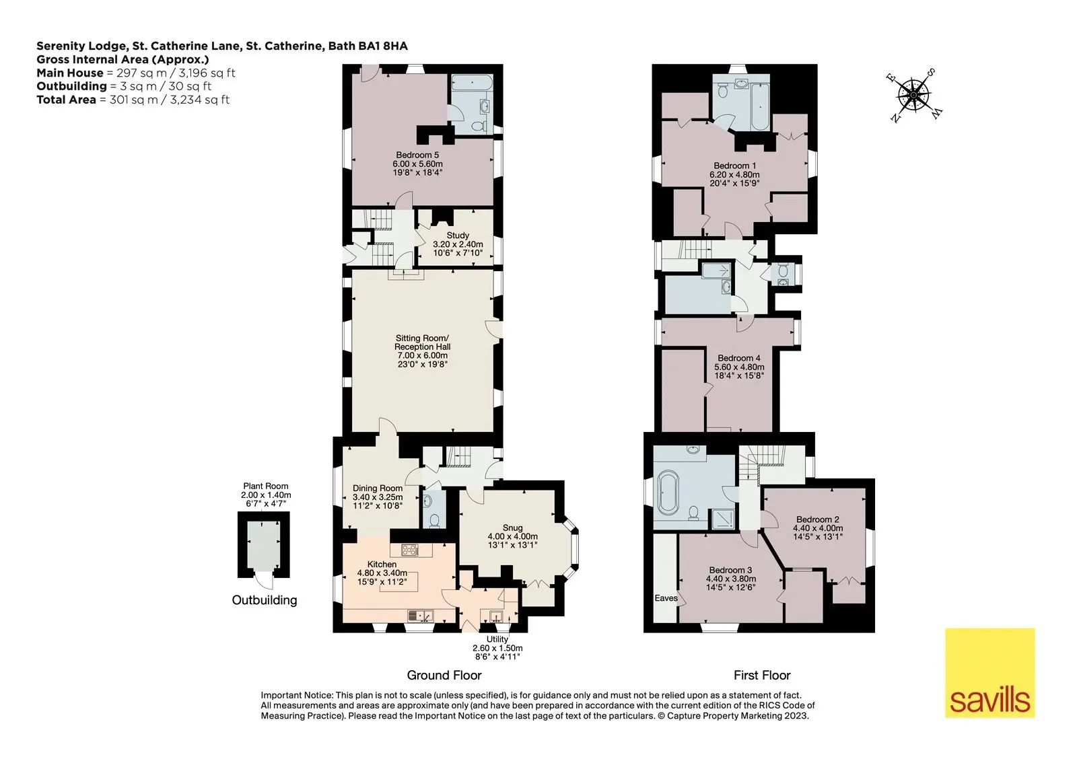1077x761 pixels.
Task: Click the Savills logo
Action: [990, 673]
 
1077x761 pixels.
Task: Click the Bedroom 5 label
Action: [417, 164]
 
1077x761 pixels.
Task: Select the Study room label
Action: [458, 244]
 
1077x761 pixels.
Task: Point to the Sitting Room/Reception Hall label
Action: [422, 351]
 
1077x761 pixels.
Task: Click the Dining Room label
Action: [378, 497]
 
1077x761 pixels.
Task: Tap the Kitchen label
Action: [382, 573]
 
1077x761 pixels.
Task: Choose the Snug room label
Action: [512, 536]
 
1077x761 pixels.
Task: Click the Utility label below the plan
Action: [497, 647]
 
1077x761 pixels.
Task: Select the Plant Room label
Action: [266, 495]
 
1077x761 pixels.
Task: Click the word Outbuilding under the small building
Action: [265, 600]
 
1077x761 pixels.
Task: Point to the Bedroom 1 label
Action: [734, 174]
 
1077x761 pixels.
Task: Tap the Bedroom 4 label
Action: [739, 366]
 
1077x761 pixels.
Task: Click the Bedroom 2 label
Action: [818, 528]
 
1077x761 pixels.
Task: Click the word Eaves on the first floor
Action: [666, 598]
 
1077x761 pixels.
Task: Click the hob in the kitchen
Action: [411, 550]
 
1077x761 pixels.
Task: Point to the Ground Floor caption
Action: [444, 676]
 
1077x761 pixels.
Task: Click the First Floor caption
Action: [762, 676]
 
